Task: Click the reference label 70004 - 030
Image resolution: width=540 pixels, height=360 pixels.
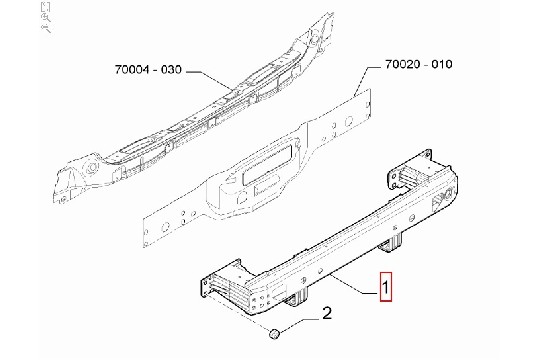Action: tap(148, 70)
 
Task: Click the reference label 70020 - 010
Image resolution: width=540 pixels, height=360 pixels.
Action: tap(418, 64)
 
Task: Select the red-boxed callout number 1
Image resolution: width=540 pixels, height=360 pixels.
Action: tap(386, 287)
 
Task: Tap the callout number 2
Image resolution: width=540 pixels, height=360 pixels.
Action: tap(327, 313)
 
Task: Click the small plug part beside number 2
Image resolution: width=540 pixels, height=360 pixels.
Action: tap(274, 334)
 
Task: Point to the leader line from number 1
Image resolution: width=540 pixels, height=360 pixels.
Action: tap(353, 284)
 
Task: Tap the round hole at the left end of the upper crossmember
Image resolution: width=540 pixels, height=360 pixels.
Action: tap(92, 168)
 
